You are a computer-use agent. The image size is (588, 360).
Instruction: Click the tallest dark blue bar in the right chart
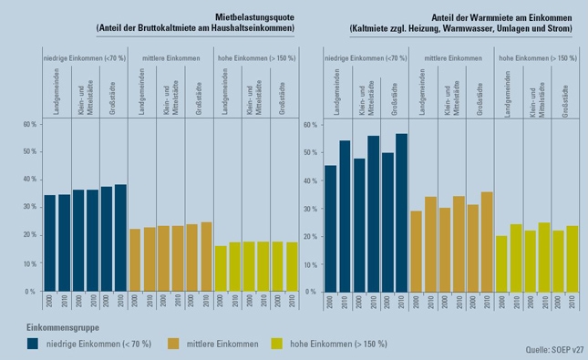[x=401, y=212]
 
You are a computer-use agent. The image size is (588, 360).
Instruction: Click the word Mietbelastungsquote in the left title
[x=254, y=17]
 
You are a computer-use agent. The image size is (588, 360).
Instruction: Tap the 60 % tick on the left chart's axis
[x=30, y=124]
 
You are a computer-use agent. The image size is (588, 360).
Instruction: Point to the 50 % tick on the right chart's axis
[x=311, y=152]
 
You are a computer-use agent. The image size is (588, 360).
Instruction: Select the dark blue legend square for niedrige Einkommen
[x=33, y=344]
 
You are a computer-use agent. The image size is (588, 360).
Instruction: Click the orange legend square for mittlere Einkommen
[x=173, y=344]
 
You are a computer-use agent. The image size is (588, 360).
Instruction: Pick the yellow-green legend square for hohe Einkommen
[x=277, y=344]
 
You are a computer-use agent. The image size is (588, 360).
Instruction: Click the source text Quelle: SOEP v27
[x=554, y=349]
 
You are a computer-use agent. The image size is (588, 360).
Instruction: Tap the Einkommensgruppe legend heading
[x=63, y=327]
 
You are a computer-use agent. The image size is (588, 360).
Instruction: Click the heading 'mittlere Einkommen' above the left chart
[x=171, y=58]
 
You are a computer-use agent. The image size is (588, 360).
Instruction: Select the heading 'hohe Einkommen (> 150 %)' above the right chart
[x=538, y=58]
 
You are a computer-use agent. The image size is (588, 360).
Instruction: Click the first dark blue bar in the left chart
[x=50, y=243]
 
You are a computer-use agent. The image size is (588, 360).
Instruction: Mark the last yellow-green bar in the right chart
[x=573, y=259]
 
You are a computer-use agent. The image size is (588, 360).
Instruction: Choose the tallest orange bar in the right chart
[x=487, y=242]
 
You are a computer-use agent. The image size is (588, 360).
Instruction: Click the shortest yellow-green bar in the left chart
[x=221, y=269]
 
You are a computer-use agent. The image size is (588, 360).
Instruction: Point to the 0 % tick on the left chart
[x=30, y=292]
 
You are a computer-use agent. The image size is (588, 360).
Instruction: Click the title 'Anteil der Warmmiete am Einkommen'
[x=501, y=17]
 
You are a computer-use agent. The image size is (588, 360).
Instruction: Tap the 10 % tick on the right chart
[x=311, y=264]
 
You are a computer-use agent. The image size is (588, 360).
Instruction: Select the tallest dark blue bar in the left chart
[x=120, y=238]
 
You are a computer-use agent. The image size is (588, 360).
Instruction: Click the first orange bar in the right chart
[x=417, y=252]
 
